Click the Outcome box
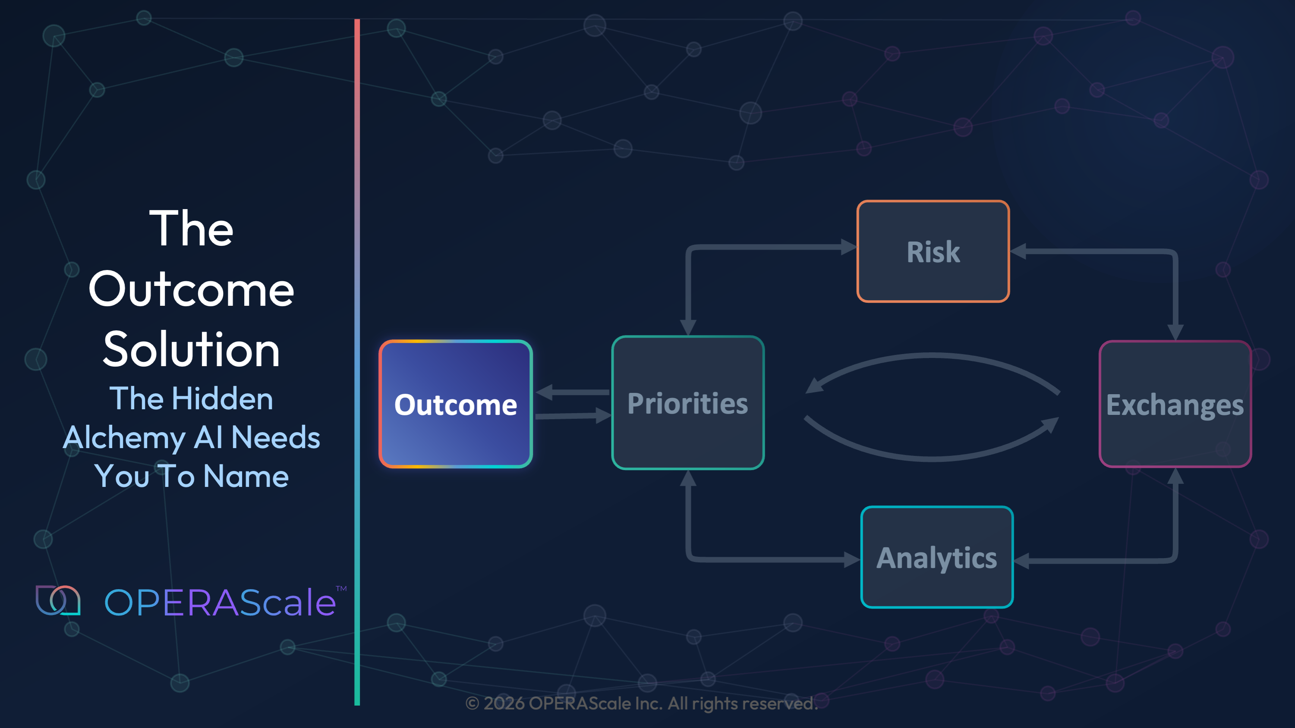click(x=455, y=405)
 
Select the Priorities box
click(x=688, y=403)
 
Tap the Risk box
click(x=933, y=251)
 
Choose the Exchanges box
click(x=1175, y=405)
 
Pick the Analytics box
click(x=936, y=557)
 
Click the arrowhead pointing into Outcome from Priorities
click(x=544, y=392)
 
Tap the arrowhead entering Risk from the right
click(x=1018, y=251)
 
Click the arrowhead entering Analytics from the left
click(x=853, y=559)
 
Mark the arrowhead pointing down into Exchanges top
click(x=1175, y=332)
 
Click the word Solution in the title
click(x=192, y=350)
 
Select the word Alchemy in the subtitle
click(x=124, y=438)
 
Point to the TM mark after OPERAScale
click(x=341, y=588)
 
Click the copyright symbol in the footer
click(x=472, y=703)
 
